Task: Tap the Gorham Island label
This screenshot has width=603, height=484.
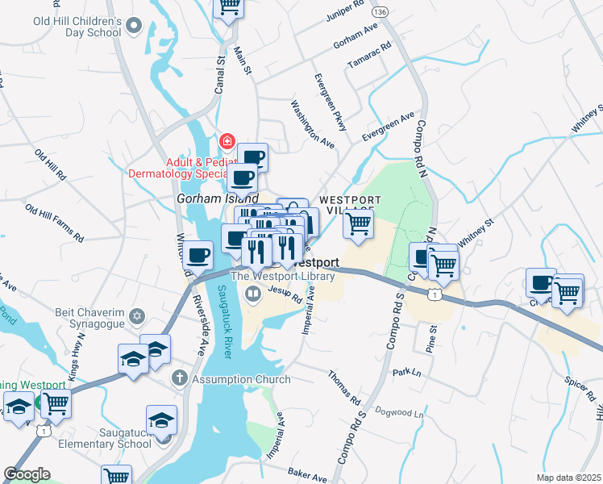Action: tap(217, 198)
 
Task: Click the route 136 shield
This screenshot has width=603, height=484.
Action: tap(380, 12)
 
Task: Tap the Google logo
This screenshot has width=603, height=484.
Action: tap(27, 474)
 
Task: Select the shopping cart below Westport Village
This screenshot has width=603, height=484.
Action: tap(358, 223)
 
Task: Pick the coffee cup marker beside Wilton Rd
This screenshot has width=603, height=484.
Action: tap(198, 255)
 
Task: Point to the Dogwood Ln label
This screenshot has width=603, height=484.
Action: tap(396, 413)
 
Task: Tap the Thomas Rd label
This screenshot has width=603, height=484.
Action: tap(343, 388)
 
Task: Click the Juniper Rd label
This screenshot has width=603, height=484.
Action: tap(346, 15)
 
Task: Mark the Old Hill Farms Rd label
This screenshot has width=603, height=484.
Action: tap(54, 223)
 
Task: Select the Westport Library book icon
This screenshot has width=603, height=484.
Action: tap(253, 294)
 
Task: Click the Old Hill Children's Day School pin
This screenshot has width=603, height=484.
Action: tap(134, 27)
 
